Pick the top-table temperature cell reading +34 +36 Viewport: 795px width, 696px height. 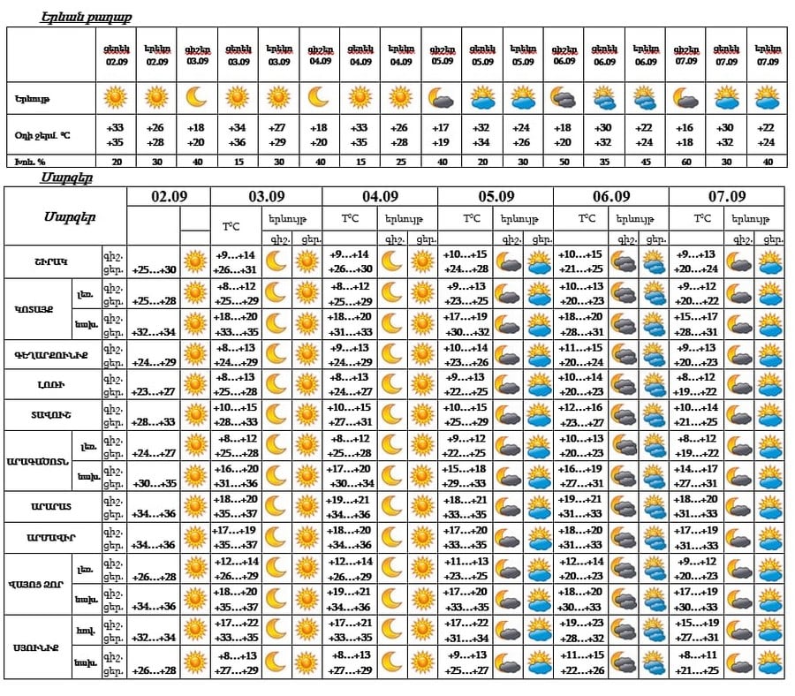[x=237, y=134]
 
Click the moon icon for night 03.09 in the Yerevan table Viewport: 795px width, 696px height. [x=196, y=96]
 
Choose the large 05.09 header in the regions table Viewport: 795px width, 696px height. [x=496, y=196]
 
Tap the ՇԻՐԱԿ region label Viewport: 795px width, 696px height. [x=53, y=262]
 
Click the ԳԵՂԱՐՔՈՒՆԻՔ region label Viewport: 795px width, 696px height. [x=53, y=355]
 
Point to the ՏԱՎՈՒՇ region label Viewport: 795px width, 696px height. [x=53, y=415]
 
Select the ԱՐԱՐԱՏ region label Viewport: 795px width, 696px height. [x=53, y=507]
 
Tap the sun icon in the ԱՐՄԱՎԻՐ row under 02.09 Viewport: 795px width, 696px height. [x=194, y=538]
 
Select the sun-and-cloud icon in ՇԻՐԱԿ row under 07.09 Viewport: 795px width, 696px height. [x=768, y=262]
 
